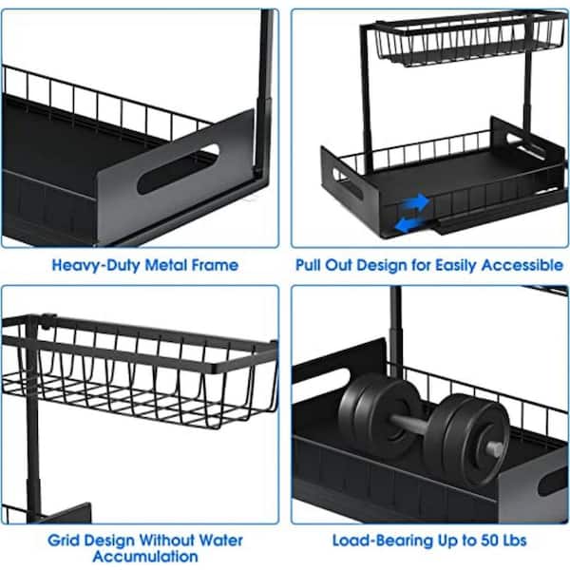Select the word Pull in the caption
point(314,265)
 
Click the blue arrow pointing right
point(414,201)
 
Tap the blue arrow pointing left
point(408,224)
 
